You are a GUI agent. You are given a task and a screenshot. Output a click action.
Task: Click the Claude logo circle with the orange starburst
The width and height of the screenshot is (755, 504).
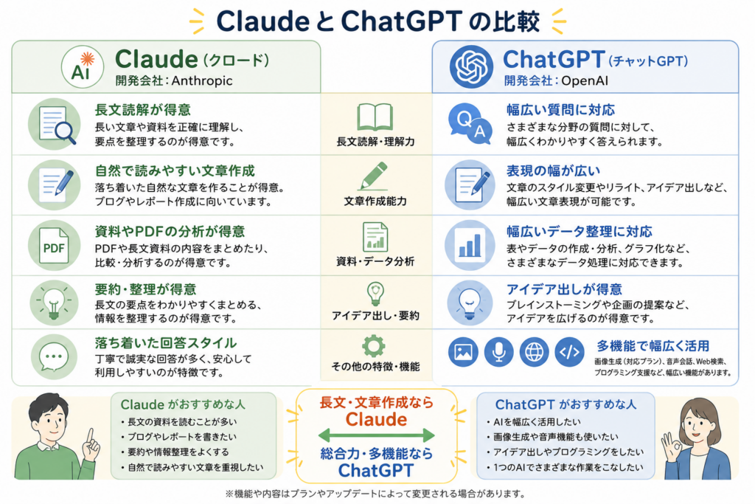83,67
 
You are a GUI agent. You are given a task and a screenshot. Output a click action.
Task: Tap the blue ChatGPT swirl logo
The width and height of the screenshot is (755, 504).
471,66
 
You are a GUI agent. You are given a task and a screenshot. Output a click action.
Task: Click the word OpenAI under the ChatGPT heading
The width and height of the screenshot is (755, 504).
585,80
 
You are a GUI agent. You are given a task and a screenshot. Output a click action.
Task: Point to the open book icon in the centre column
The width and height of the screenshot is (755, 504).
375,117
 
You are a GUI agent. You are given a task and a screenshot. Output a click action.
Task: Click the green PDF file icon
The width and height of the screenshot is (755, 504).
54,245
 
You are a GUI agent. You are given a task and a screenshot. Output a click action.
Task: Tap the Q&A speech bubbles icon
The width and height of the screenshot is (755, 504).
470,124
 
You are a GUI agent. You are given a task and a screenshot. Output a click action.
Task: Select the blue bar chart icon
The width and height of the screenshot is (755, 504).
470,245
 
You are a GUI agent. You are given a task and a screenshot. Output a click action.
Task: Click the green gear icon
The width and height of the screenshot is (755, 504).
374,346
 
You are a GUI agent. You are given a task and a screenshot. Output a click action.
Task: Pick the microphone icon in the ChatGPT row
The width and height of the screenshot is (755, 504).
498,352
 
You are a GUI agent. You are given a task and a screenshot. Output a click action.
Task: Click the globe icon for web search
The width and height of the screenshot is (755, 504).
534,352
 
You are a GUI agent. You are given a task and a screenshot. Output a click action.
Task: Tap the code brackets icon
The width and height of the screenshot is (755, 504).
570,352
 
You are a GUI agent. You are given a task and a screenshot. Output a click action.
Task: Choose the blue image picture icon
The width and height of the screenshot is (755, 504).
463,352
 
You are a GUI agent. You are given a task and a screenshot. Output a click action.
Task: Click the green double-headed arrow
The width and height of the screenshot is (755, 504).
376,435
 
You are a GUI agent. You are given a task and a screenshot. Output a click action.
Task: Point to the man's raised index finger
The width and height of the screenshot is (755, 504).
90,435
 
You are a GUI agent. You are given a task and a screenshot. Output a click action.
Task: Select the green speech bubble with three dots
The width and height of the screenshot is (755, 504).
53,357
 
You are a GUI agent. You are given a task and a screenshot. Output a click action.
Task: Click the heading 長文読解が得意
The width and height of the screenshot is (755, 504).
143,110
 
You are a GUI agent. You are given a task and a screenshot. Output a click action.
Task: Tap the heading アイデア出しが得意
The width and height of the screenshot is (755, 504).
564,289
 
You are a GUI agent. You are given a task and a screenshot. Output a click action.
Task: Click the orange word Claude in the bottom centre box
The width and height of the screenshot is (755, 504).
376,419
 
